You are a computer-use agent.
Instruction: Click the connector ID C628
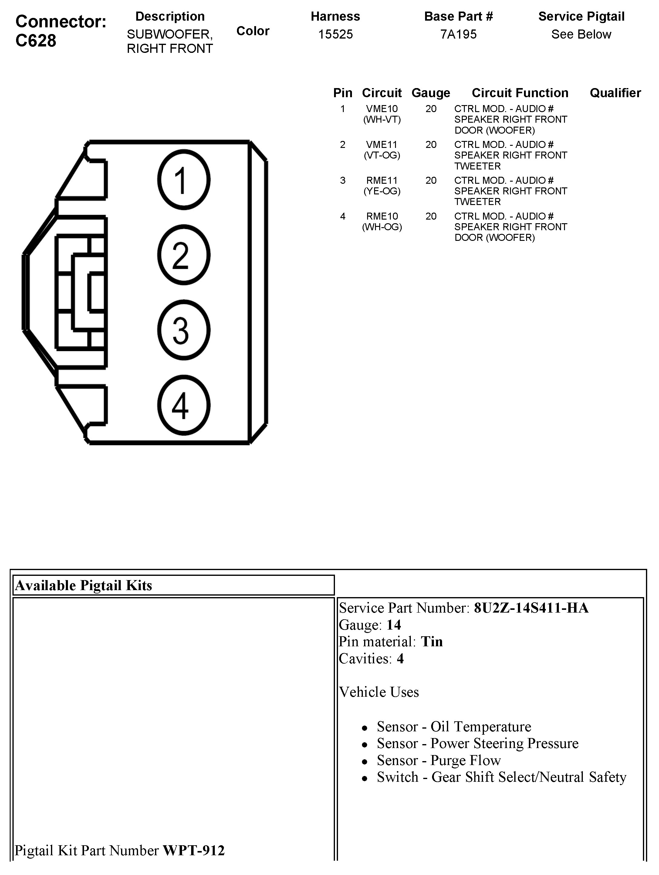coord(36,40)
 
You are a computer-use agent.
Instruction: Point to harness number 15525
coord(336,34)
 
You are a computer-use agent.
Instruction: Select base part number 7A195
coord(458,34)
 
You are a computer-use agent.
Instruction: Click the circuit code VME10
coord(382,109)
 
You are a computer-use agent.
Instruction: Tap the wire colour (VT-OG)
coord(382,156)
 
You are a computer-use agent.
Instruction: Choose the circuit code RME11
coord(382,180)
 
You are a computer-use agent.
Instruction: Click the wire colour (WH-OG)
coord(382,227)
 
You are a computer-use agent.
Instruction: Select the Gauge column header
coord(431,93)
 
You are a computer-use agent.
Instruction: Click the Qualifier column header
coord(615,93)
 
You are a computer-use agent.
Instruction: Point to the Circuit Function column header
coord(520,93)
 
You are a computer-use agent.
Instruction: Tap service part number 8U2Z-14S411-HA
coord(531,608)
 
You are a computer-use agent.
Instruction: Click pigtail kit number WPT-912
coord(194,850)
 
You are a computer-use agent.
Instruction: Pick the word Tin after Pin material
coord(432,642)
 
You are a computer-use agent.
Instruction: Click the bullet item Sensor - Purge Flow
coord(438,760)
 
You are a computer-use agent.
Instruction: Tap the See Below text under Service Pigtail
coord(581,34)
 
